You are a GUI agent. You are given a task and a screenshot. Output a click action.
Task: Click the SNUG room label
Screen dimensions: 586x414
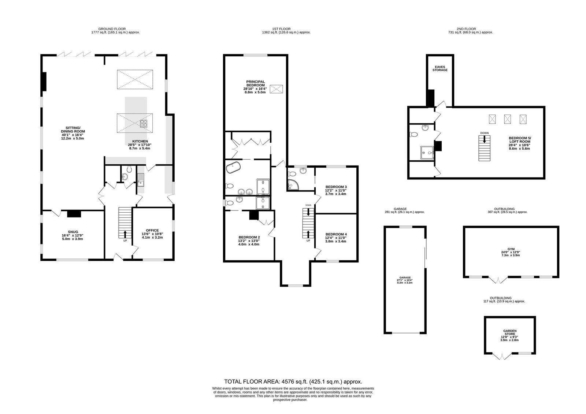[73, 232]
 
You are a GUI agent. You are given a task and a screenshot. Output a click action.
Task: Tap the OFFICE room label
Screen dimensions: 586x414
[152, 230]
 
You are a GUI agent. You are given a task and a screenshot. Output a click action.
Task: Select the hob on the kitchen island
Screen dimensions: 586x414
[144, 123]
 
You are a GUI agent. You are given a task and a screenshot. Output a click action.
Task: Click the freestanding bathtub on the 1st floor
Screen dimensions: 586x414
[233, 167]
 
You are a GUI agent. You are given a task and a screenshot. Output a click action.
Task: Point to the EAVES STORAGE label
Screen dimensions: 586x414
[440, 68]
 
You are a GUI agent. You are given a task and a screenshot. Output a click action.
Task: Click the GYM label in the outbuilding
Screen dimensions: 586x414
[511, 249]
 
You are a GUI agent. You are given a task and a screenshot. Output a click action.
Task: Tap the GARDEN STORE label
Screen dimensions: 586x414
[510, 332]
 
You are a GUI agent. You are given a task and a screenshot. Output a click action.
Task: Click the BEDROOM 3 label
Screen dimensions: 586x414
[336, 187]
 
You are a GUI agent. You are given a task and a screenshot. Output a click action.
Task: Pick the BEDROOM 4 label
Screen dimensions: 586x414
[336, 234]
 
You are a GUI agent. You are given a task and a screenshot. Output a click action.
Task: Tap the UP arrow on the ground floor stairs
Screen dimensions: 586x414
[125, 234]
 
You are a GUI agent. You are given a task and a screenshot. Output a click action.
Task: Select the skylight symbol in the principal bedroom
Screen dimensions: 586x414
[276, 89]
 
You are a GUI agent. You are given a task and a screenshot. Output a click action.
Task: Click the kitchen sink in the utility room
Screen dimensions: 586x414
[141, 180]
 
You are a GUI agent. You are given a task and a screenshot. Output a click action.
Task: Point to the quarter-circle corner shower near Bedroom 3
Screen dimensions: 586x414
[293, 184]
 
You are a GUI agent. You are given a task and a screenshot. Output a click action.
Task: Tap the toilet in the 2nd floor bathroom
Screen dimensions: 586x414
[413, 134]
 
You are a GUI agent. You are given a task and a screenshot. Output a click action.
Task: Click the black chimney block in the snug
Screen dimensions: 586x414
[74, 214]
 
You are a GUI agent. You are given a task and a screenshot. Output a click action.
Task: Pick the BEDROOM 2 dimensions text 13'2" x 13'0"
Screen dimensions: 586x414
[249, 241]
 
